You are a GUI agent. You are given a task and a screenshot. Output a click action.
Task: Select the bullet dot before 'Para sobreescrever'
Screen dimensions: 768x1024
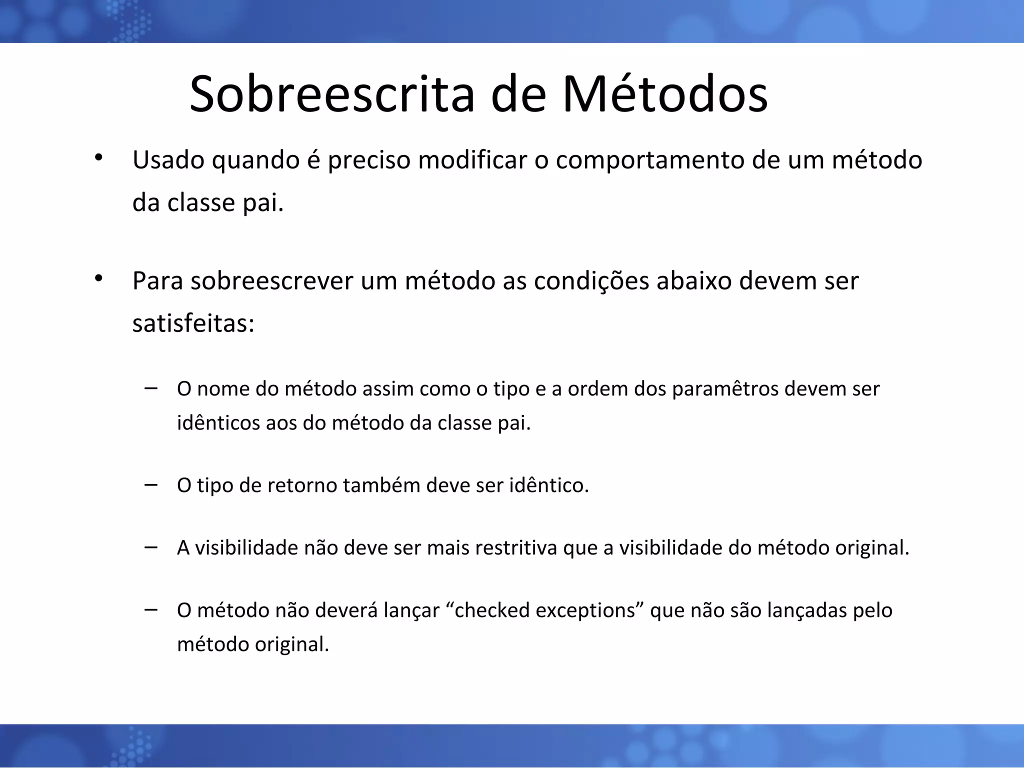(98, 278)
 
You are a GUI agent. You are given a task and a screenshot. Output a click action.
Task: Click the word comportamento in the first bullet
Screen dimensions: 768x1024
(650, 161)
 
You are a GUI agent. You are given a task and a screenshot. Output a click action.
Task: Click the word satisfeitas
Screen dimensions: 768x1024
(193, 324)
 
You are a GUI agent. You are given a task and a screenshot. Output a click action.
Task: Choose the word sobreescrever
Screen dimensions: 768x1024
(272, 281)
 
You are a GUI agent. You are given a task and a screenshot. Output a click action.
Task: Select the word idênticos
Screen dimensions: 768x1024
(218, 423)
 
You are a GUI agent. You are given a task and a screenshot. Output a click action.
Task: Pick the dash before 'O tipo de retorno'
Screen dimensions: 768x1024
(150, 484)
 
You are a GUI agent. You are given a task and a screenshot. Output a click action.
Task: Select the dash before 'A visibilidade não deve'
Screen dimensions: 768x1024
(150, 547)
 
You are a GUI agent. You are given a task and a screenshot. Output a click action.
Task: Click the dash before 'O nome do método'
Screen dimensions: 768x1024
(150, 388)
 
